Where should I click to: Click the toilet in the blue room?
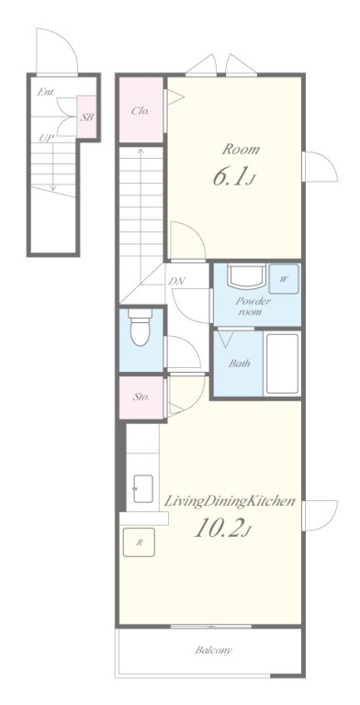click(x=140, y=327)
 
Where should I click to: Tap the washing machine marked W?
click(x=284, y=279)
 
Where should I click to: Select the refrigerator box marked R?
click(x=139, y=543)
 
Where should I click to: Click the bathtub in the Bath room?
click(x=282, y=364)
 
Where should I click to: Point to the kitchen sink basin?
click(x=142, y=488)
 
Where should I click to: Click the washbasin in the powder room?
click(x=246, y=276)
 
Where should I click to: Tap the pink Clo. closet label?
click(x=141, y=110)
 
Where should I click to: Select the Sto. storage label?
click(x=141, y=397)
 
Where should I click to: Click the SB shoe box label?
click(x=87, y=117)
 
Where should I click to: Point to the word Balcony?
click(x=213, y=650)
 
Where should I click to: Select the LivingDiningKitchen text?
click(x=229, y=501)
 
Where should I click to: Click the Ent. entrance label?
click(x=46, y=92)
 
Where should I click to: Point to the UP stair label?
click(x=45, y=138)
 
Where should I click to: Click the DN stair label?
click(x=177, y=282)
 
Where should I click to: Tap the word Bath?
click(x=240, y=364)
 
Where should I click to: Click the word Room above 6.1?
click(x=241, y=150)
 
